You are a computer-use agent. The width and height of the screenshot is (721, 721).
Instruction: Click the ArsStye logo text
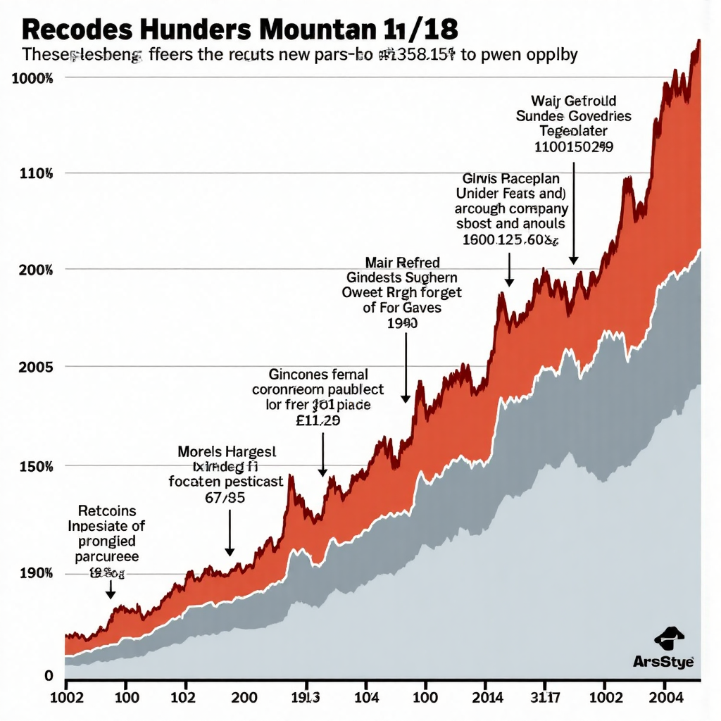(x=663, y=662)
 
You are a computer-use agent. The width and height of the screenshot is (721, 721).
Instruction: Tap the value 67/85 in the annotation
(x=226, y=497)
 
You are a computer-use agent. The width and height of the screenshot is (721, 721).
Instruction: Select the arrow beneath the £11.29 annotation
(x=322, y=455)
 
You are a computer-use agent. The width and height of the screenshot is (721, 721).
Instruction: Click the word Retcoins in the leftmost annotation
(x=107, y=510)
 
